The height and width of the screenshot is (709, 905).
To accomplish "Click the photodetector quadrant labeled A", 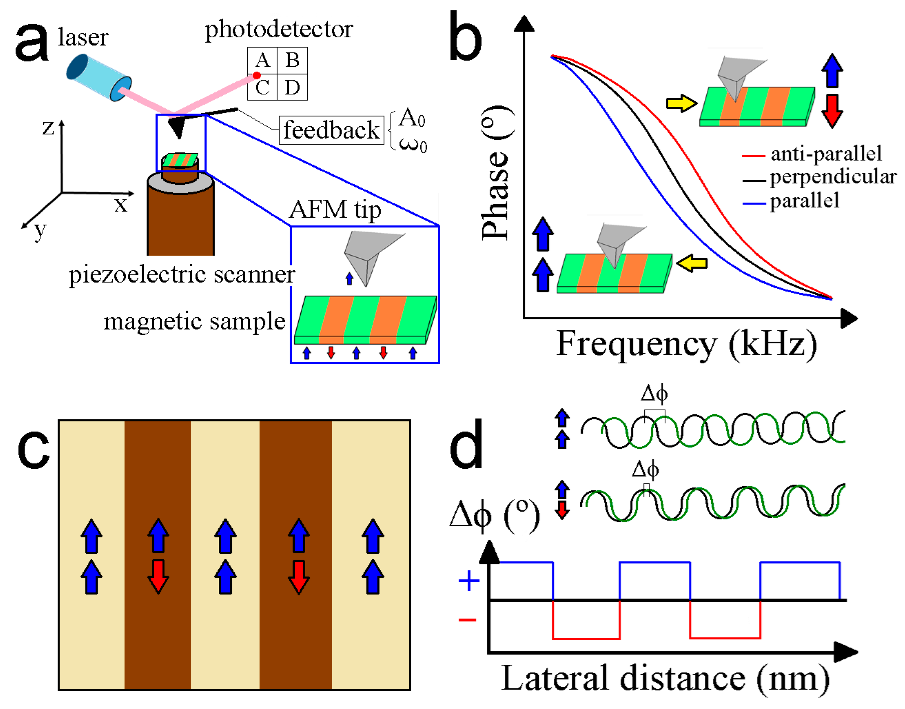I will point(262,61).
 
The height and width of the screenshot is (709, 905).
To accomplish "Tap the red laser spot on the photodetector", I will point(257,75).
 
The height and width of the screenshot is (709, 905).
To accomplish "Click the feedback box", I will point(331,130).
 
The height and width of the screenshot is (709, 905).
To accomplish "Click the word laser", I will point(83,37).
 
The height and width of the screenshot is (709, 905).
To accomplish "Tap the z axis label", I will point(48,127).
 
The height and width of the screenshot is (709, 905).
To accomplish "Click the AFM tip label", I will point(335,209).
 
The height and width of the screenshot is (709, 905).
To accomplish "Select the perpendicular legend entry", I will point(832,177).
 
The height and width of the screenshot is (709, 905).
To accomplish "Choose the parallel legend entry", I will point(804,201).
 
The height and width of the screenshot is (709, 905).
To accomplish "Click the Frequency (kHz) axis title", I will point(686,344).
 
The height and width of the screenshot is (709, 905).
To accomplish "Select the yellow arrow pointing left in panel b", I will point(692,263).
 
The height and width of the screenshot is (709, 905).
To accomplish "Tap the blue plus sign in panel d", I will point(469,580).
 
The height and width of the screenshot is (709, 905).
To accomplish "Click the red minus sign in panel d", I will point(467,620).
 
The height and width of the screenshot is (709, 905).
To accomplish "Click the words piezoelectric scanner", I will point(182,275).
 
